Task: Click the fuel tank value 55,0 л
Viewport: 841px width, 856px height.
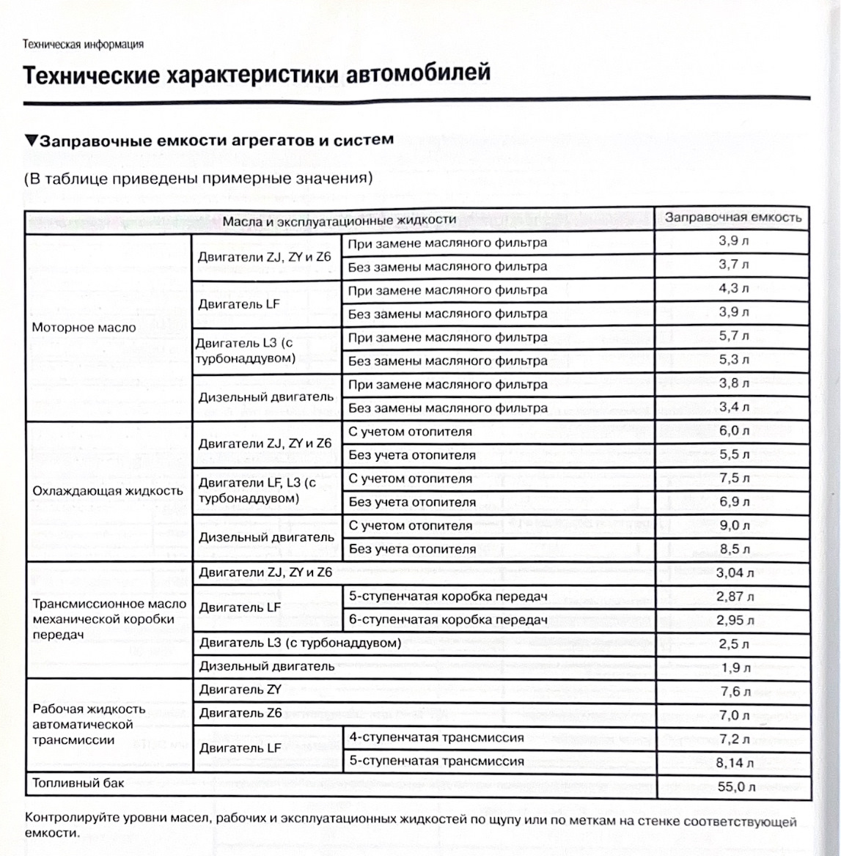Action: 734,787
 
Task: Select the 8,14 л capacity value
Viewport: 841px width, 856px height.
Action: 734,763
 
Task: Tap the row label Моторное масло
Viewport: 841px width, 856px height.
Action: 84,328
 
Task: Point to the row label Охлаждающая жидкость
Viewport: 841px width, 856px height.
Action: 108,490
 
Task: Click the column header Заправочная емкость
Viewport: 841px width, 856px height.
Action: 732,217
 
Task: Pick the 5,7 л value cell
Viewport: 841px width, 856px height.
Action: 734,336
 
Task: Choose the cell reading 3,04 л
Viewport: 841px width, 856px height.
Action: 734,573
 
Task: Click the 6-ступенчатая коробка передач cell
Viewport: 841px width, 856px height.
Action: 448,620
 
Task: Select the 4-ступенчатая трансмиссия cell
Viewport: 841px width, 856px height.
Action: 436,737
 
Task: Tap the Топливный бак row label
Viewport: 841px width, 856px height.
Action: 78,783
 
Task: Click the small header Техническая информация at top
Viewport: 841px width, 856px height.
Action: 83,44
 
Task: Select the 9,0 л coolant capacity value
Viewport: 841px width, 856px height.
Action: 734,525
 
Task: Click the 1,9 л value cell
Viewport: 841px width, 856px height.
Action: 734,668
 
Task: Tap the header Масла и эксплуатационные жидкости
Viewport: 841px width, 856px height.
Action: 339,220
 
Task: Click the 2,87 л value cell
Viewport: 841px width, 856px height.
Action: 734,597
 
